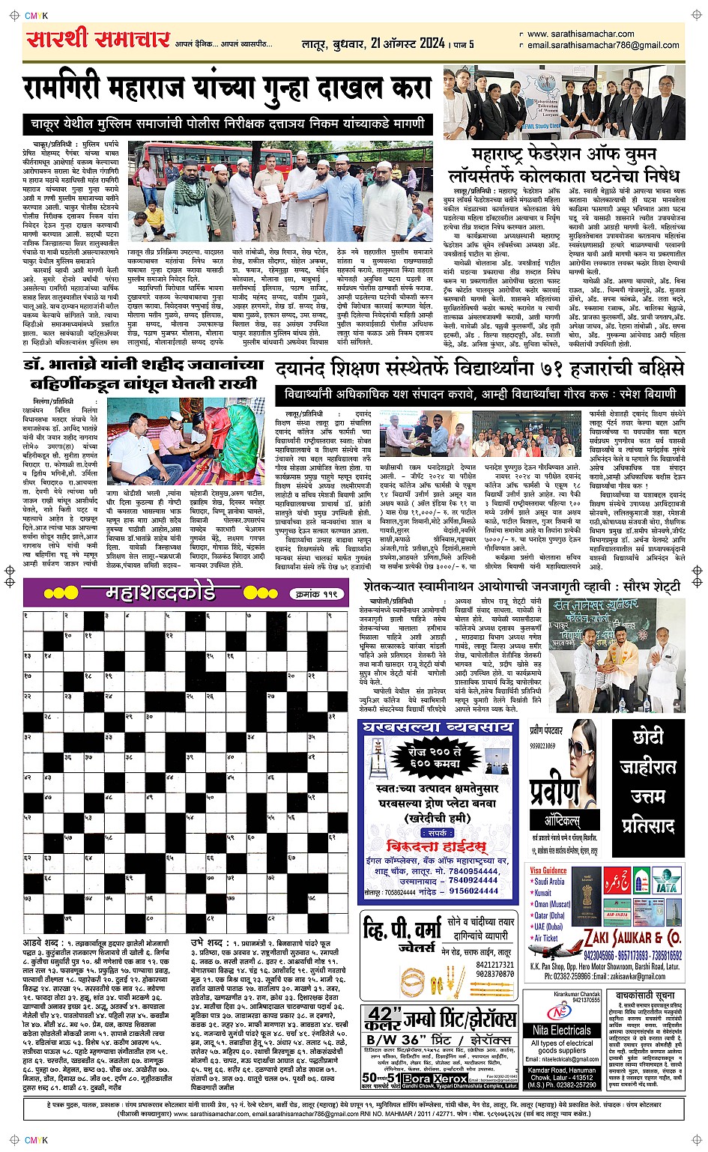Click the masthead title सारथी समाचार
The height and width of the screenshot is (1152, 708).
point(97,39)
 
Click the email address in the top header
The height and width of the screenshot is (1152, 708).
point(602,45)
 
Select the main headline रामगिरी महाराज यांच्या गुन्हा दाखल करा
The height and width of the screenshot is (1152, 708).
point(226,88)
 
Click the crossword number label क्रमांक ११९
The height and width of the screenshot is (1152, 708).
point(316,594)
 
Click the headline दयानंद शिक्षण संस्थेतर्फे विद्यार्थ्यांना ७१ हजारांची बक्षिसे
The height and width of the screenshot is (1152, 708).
point(479,369)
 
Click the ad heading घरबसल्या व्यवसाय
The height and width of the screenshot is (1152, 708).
point(438,727)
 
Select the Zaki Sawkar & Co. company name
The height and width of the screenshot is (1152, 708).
point(632,938)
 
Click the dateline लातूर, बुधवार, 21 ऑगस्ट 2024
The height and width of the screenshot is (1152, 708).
point(373,44)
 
